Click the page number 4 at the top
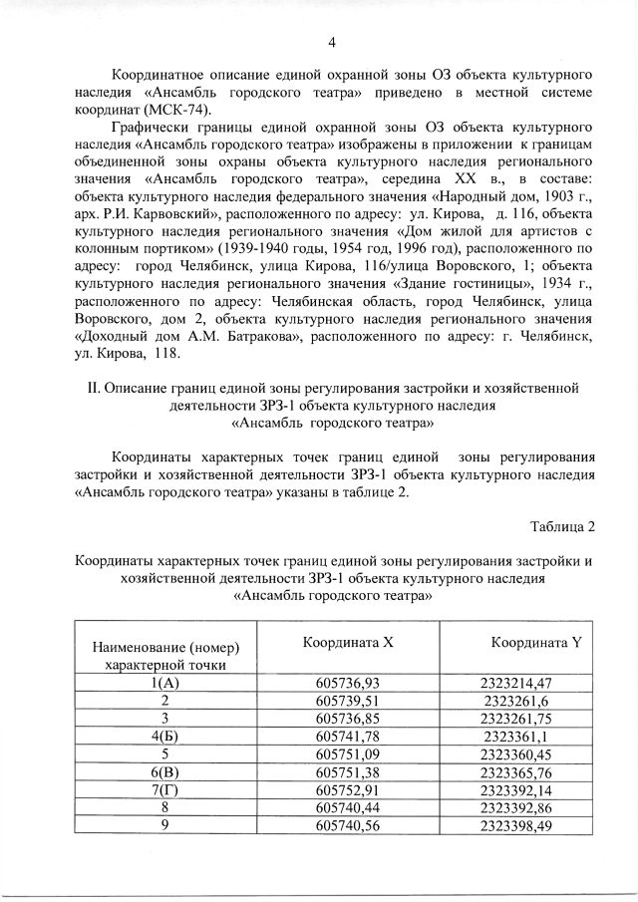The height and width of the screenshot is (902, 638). click(x=332, y=41)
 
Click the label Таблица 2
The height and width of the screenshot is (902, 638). click(x=562, y=526)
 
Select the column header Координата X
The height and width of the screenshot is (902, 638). click(x=348, y=643)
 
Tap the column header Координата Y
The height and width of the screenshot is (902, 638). click(x=535, y=643)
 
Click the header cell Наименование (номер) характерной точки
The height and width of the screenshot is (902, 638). click(x=165, y=656)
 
